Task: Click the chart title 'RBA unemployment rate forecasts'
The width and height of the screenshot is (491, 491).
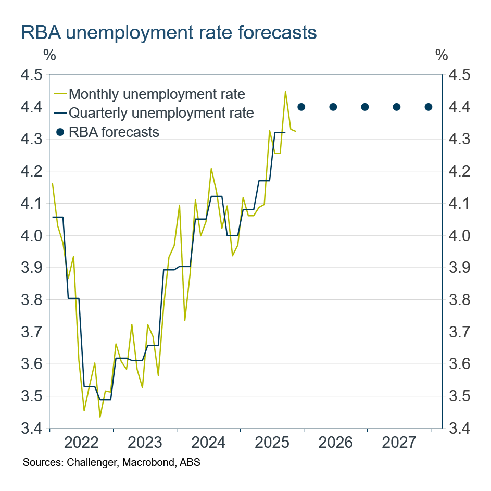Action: [x=169, y=32]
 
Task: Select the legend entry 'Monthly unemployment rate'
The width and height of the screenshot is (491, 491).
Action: [x=156, y=94]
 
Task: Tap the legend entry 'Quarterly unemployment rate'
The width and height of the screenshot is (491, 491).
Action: [x=161, y=112]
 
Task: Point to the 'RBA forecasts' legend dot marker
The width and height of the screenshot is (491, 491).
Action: [x=60, y=132]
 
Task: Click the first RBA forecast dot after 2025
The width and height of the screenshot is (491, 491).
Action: [x=301, y=107]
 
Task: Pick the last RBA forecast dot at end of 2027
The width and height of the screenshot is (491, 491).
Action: [x=429, y=107]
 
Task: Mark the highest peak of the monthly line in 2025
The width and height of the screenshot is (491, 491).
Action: [x=285, y=91]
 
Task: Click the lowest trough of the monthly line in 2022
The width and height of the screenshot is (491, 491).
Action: [x=100, y=417]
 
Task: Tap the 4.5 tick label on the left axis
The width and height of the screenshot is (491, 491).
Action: [x=31, y=75]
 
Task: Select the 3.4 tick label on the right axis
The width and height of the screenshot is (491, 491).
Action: [x=460, y=429]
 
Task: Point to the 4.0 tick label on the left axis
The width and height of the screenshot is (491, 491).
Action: [x=31, y=236]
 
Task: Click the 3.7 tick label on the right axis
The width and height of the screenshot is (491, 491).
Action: [x=460, y=332]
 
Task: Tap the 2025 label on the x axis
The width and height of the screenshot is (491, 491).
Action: [x=272, y=443]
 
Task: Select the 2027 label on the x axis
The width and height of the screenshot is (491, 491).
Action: [x=399, y=443]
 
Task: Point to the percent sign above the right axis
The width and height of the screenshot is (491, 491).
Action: [x=441, y=54]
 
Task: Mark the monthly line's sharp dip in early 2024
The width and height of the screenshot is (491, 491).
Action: [x=185, y=320]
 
